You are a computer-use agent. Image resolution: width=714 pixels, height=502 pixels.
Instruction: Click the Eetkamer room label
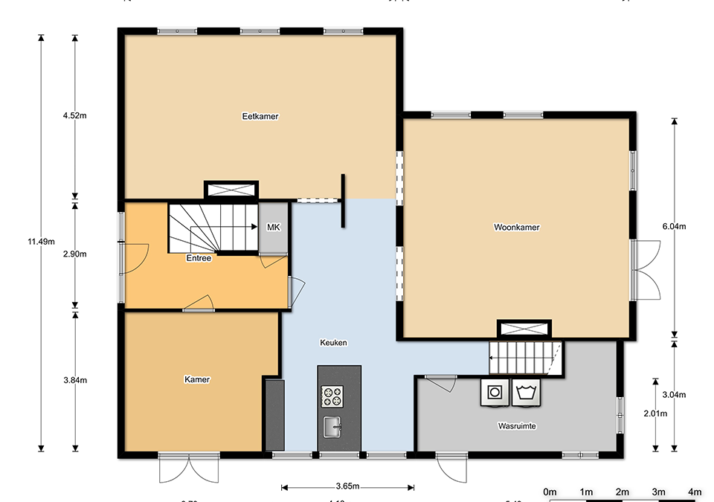tap(260, 117)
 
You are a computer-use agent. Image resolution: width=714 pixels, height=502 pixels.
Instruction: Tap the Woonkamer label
tap(516, 228)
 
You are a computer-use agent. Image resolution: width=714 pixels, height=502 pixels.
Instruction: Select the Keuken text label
tap(333, 343)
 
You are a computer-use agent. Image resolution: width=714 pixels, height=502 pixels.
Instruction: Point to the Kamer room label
tap(197, 380)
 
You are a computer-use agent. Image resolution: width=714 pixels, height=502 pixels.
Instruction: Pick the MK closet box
tap(273, 228)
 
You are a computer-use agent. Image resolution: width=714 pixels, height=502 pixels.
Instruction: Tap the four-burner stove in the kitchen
tap(332, 396)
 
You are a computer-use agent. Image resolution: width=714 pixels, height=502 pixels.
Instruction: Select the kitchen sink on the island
tap(332, 428)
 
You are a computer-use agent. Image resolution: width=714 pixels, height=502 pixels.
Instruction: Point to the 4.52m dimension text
tap(75, 116)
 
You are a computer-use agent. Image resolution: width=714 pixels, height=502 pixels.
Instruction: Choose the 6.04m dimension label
tap(675, 228)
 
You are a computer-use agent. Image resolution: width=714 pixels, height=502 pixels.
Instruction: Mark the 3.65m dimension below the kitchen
tap(347, 487)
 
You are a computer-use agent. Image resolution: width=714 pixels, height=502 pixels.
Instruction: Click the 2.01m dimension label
tap(655, 413)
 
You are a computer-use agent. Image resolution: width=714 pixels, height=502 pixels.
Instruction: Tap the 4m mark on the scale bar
tap(695, 492)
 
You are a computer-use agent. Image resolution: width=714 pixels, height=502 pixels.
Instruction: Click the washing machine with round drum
tap(494, 393)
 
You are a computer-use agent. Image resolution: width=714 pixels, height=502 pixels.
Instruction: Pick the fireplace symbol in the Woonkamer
tap(524, 329)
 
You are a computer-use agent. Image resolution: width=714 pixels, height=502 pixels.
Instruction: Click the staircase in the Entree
tap(213, 228)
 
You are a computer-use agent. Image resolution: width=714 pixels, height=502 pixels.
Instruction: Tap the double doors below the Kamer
tap(189, 469)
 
